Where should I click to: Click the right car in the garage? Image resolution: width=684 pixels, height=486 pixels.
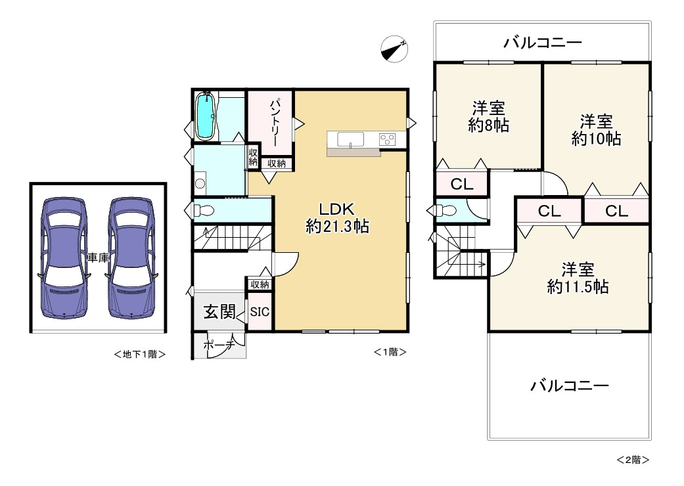point(131,258)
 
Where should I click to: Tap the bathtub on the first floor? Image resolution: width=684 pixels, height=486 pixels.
point(205,116)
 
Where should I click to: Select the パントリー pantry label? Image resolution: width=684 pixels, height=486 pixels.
point(274,123)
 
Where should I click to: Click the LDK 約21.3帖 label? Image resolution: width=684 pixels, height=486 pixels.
point(337,218)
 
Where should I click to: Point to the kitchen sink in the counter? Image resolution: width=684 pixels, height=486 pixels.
point(350,140)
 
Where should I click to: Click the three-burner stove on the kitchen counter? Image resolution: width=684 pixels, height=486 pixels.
point(387,140)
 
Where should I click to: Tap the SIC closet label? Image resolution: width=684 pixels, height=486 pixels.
point(260,312)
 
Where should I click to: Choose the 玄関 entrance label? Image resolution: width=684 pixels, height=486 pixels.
point(219,312)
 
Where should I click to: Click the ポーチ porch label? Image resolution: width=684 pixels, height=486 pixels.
point(219,345)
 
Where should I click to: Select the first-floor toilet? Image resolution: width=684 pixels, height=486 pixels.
point(203,211)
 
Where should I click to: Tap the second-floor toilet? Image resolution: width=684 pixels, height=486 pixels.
point(446,211)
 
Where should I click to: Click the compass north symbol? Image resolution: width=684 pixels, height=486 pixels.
point(394,49)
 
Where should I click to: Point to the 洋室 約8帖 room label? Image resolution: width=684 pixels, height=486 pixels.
point(489,116)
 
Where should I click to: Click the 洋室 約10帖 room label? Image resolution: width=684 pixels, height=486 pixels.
point(597,130)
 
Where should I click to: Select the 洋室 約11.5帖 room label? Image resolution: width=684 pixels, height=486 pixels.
point(578,278)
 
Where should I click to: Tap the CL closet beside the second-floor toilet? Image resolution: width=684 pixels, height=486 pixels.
point(462,185)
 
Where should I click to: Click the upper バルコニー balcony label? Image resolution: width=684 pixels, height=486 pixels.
point(543,43)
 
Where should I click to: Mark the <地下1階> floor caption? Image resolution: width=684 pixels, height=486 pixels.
point(139,355)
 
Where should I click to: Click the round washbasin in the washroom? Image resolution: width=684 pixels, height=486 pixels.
point(200,183)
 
